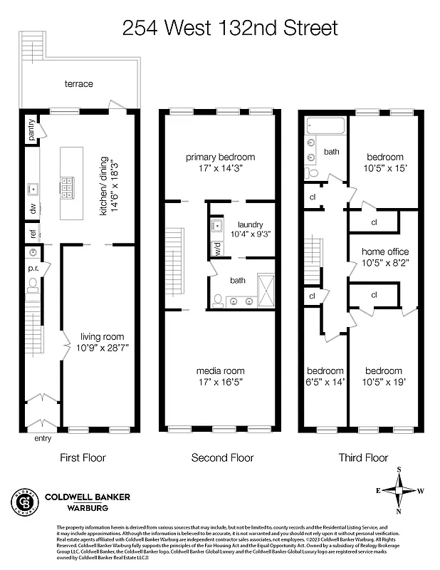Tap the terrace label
tap(79, 84)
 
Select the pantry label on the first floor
tap(31, 130)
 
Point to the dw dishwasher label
tap(32, 210)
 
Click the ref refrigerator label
tap(32, 233)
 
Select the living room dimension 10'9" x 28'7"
tap(102, 348)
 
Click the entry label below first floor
tap(43, 439)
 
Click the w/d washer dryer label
tap(216, 250)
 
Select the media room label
tap(220, 371)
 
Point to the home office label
tap(385, 252)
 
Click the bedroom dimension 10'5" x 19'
tap(384, 382)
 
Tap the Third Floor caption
tap(363, 458)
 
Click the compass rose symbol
tap(399, 490)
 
